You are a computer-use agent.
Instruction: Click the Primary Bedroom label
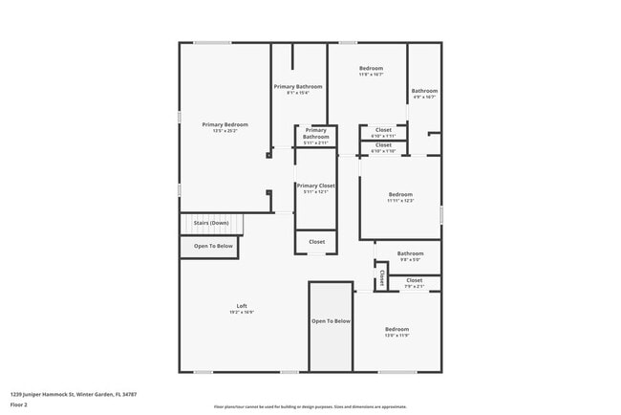pos(225,124)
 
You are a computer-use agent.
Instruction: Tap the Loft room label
pos(242,305)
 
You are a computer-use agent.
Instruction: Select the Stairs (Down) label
pos(211,223)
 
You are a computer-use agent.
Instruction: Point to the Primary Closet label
pos(315,186)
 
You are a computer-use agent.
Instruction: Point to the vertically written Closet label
pos(381,278)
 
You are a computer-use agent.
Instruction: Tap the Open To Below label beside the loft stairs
pos(213,246)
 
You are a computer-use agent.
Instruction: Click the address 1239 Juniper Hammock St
pos(74,393)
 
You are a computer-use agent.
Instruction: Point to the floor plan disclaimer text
pos(310,406)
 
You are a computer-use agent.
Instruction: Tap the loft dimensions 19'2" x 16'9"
pos(242,312)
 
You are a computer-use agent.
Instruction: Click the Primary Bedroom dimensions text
pos(225,131)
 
